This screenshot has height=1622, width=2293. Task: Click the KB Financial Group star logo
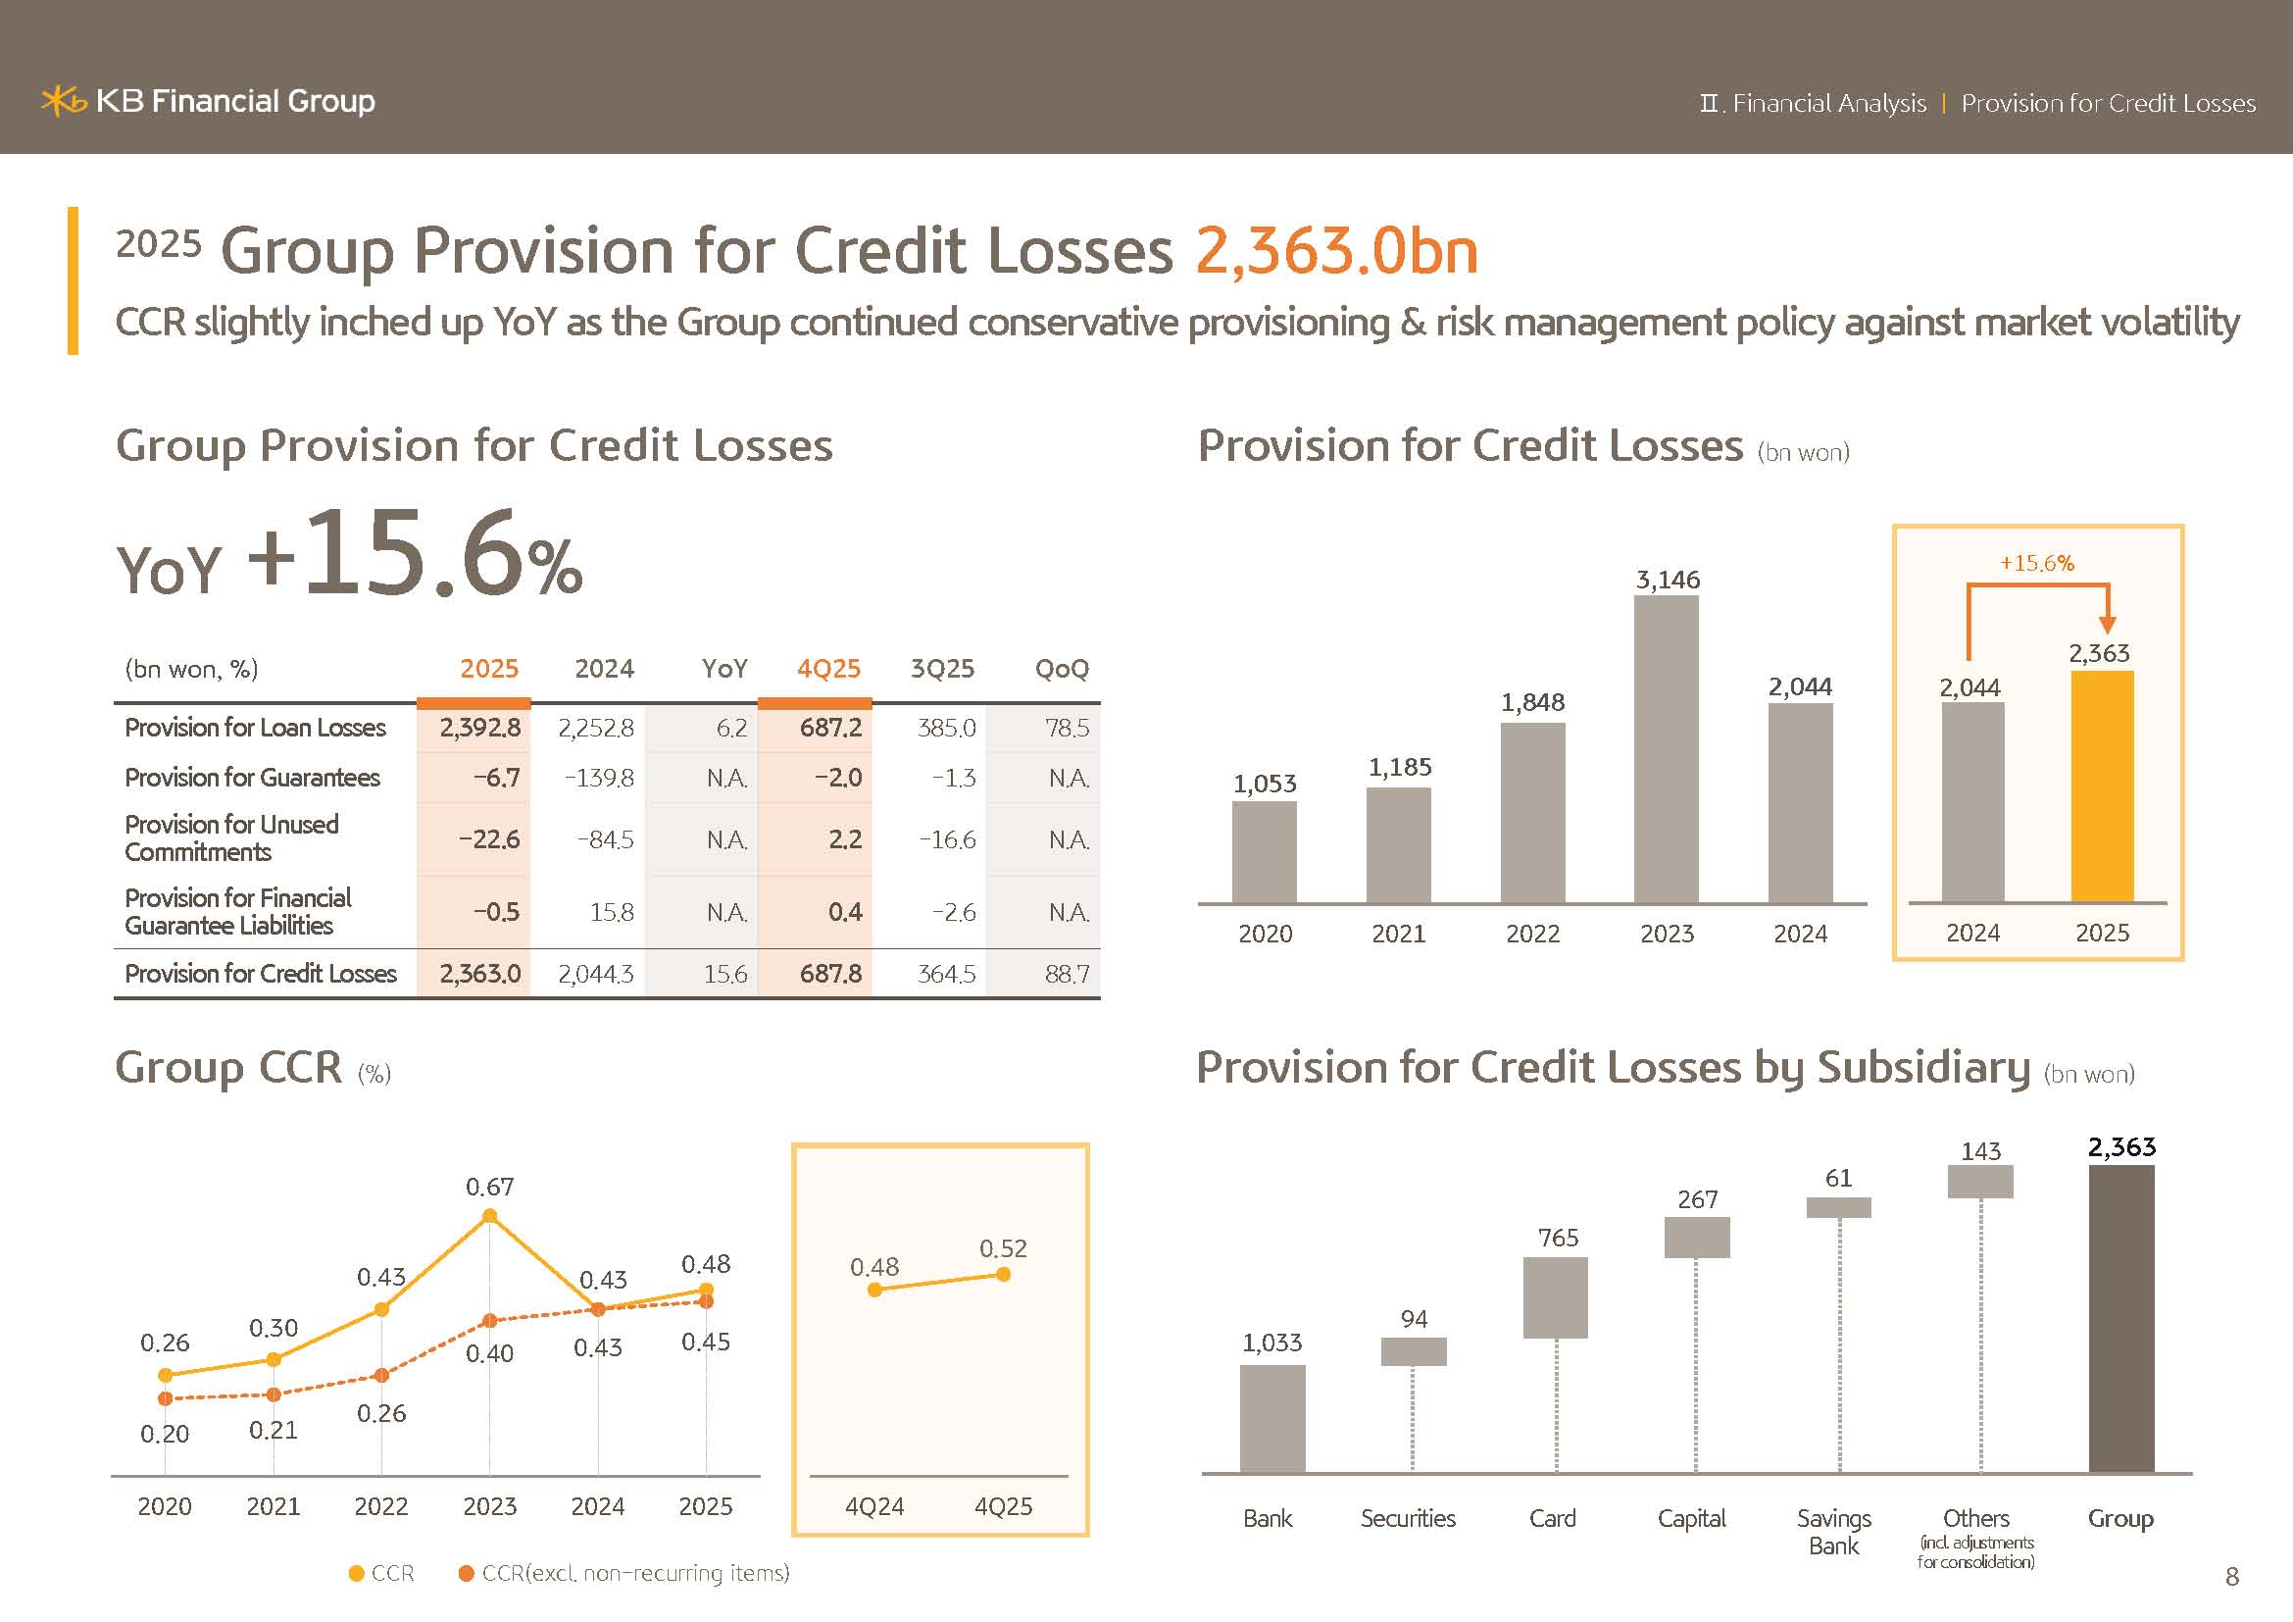(x=63, y=101)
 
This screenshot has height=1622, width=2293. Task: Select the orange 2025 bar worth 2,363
(x=2102, y=787)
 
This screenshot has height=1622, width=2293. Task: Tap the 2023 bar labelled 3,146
(x=1666, y=749)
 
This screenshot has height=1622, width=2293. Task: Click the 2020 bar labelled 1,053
(x=1265, y=852)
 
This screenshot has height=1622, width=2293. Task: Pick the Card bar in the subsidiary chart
(x=1555, y=1297)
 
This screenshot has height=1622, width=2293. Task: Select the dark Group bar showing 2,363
(x=2121, y=1318)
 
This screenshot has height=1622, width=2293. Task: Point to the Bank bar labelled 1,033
(x=1272, y=1418)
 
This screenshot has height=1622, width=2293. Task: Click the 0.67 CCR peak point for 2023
(x=489, y=1215)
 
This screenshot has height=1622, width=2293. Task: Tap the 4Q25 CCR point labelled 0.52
(x=1004, y=1275)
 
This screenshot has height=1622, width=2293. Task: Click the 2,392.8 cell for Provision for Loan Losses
(x=480, y=728)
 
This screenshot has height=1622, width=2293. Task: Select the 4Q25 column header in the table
(x=828, y=668)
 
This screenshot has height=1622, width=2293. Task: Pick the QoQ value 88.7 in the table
(x=1067, y=974)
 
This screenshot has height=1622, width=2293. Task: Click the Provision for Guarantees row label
(x=253, y=778)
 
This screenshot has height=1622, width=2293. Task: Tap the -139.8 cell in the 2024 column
(x=599, y=778)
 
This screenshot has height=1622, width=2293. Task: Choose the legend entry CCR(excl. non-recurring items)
(x=624, y=1573)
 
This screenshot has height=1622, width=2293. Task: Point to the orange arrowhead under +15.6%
(x=2108, y=626)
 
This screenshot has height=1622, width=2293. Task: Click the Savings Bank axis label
(x=1833, y=1532)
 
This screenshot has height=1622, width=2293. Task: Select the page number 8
(x=2232, y=1576)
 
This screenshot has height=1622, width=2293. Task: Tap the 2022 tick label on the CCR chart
(x=380, y=1506)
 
